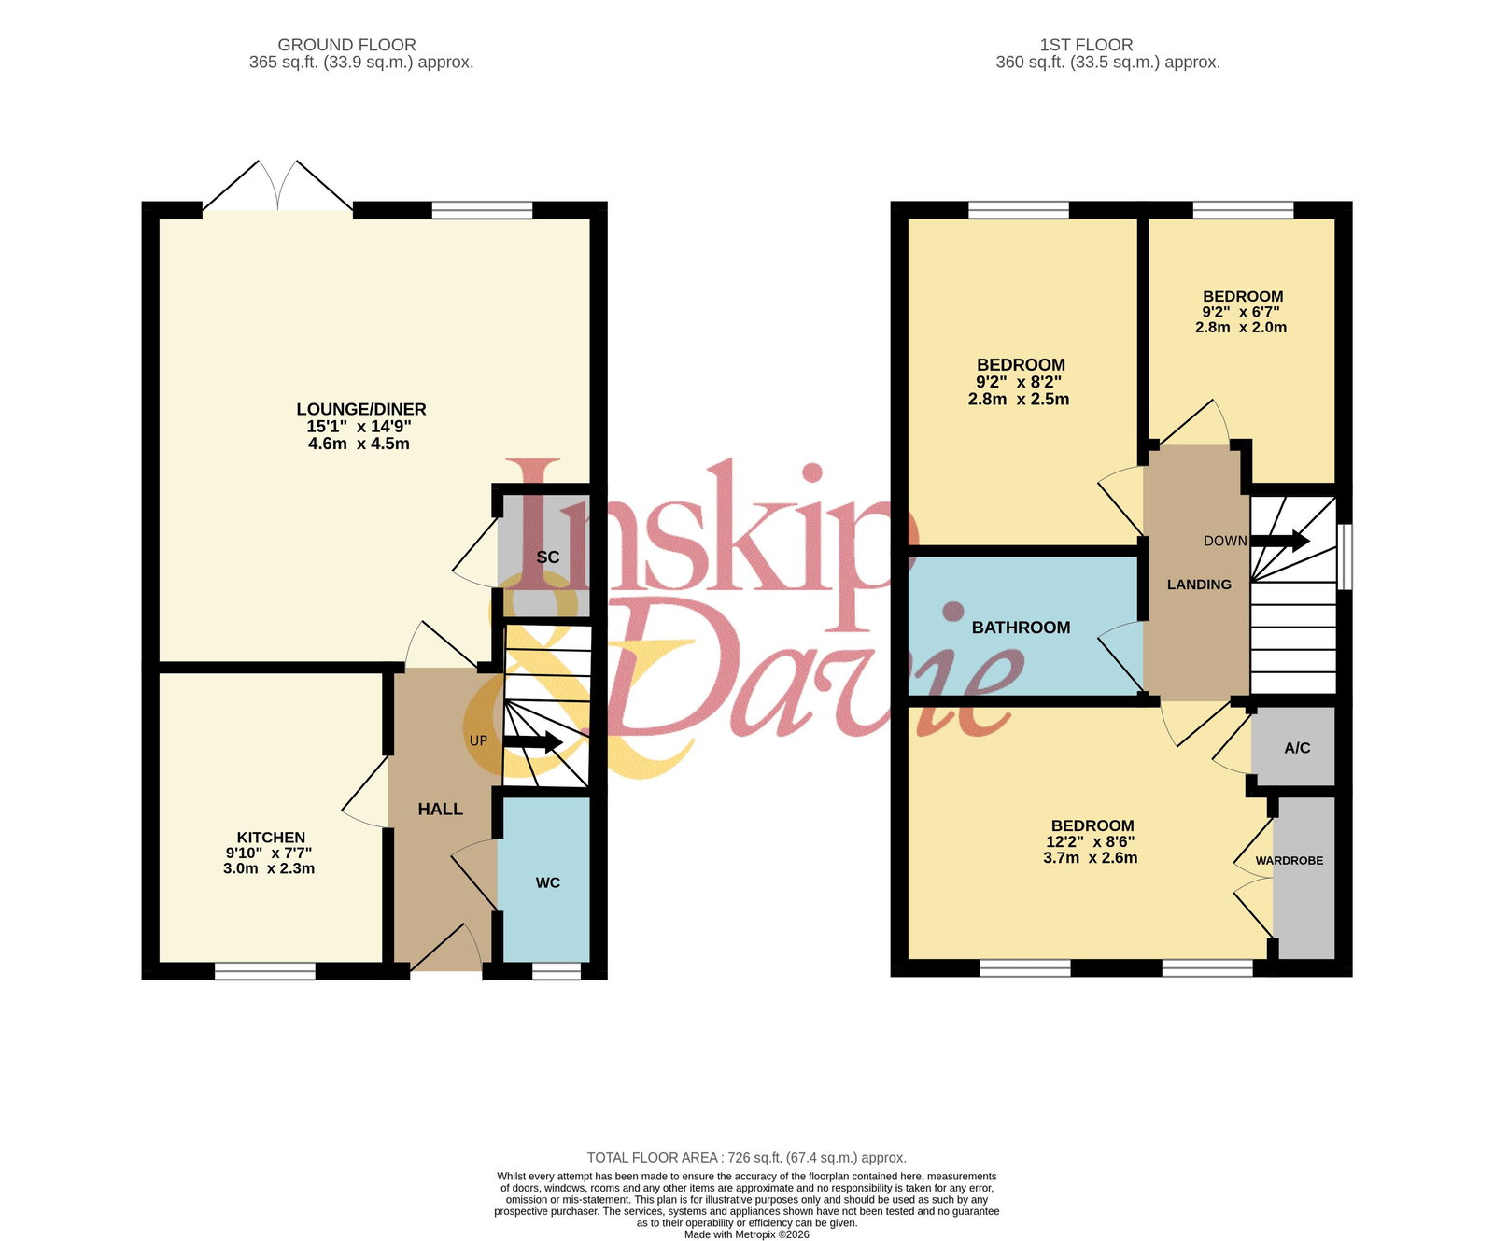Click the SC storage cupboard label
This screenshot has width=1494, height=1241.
click(x=548, y=557)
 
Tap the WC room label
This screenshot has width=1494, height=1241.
click(x=548, y=882)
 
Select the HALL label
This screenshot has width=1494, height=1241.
click(x=441, y=810)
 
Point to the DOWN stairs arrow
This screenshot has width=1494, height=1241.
click(x=1279, y=540)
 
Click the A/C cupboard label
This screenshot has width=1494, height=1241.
click(x=1297, y=748)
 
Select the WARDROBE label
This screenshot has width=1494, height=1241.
click(x=1290, y=861)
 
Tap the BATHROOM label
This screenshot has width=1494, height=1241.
click(x=1022, y=628)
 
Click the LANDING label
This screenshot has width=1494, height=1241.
click(x=1199, y=585)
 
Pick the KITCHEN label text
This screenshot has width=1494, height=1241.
click(x=271, y=838)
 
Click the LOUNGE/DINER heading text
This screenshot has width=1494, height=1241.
click(x=361, y=409)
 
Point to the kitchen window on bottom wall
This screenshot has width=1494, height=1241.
click(x=265, y=972)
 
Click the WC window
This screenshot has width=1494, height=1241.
click(x=557, y=972)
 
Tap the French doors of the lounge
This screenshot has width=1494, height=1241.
click(x=278, y=187)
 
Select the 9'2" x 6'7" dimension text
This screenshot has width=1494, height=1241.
click(x=1241, y=312)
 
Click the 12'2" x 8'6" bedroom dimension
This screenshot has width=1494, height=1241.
click(x=1091, y=842)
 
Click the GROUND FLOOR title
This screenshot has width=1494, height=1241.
click(x=347, y=45)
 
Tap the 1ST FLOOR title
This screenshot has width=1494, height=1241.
click(x=1087, y=45)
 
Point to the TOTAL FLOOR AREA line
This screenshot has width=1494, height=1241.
click(x=747, y=1158)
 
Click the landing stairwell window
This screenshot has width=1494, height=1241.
click(x=1345, y=557)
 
